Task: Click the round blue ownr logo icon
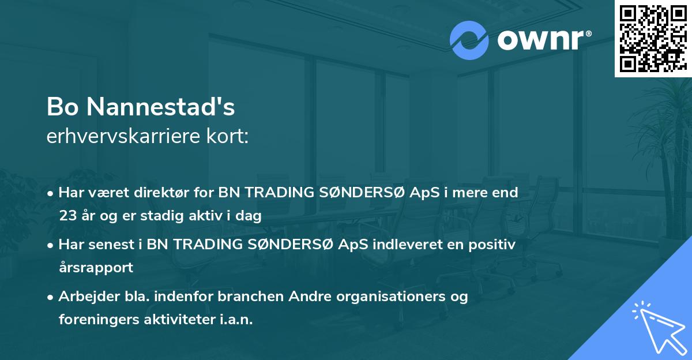(x=469, y=40)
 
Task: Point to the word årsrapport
(x=96, y=268)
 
